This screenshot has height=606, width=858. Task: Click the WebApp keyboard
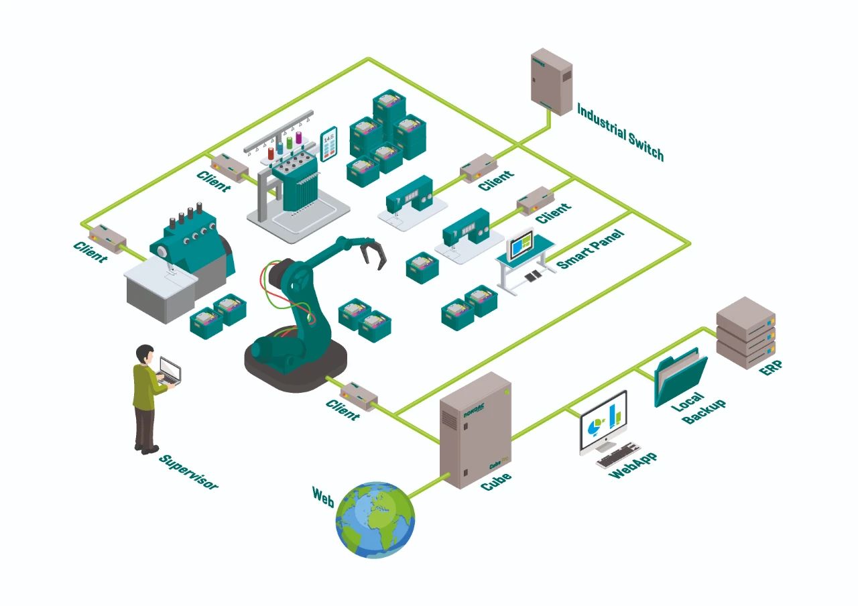pos(618,455)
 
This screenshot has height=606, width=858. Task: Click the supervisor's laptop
pos(170,370)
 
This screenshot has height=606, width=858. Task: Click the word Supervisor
pos(188,471)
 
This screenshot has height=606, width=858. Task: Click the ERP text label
pos(770,368)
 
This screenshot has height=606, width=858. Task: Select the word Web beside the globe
pos(323,497)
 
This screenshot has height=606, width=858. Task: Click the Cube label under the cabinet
pos(496,481)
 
